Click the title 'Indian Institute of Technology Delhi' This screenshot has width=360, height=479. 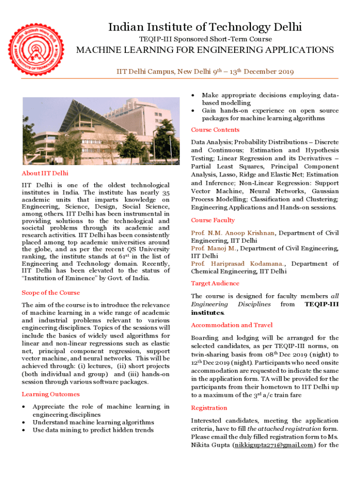205,27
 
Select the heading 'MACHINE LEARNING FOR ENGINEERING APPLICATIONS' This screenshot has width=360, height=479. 205,50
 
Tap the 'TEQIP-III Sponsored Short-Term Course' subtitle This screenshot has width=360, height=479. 205,39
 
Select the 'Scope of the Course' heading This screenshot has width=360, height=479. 50,293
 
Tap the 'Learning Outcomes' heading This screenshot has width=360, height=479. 50,394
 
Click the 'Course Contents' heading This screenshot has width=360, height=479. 215,130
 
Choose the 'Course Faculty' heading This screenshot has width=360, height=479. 213,220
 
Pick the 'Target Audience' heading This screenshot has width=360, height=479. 215,283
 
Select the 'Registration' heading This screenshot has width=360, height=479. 209,408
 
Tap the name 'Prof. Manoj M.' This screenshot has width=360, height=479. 214,248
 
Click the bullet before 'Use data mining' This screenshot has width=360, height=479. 24,430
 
